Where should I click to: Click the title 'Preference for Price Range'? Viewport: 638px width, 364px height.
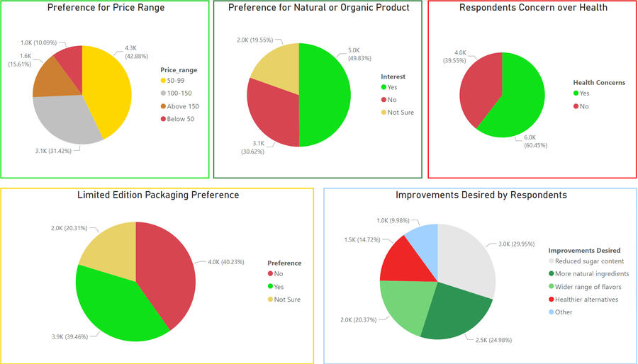point(106,8)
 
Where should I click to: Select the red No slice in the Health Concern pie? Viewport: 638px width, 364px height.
point(479,89)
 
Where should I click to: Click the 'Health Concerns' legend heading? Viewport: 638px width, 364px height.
point(599,82)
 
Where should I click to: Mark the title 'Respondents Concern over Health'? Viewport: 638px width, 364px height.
point(533,8)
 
